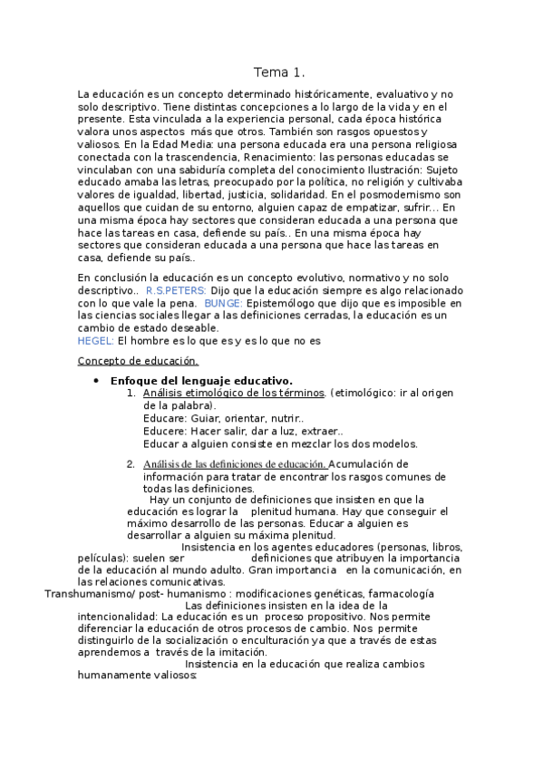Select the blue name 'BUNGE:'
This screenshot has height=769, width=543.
click(x=223, y=302)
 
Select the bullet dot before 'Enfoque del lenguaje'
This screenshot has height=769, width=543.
click(x=96, y=381)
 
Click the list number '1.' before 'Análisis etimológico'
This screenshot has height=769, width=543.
click(x=131, y=393)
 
